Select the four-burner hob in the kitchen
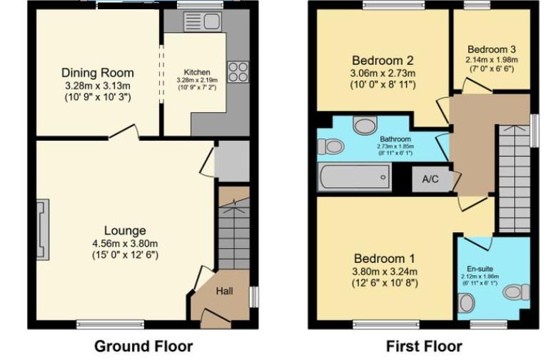click(x=238, y=71)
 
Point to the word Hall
click(x=225, y=291)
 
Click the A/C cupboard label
click(x=430, y=179)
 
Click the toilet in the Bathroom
click(x=330, y=147)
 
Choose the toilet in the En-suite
click(x=515, y=292)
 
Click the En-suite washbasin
click(x=467, y=304)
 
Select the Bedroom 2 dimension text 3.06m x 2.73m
click(x=383, y=74)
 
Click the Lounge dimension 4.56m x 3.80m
click(x=125, y=243)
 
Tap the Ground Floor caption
click(x=143, y=346)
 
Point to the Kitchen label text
click(x=197, y=73)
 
